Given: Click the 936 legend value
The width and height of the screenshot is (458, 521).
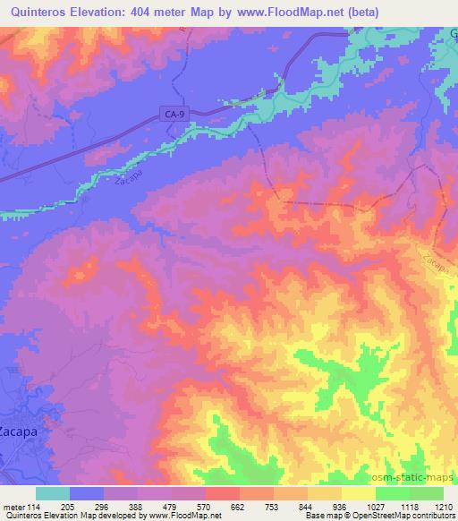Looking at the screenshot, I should point(342,506).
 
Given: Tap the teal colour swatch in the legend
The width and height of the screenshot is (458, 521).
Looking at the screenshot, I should point(53,493).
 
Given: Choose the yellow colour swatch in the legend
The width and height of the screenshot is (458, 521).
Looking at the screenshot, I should point(359,493).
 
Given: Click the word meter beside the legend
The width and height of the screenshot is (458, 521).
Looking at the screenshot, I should point(13,506).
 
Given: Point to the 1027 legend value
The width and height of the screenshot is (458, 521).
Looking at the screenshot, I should point(373,506).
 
